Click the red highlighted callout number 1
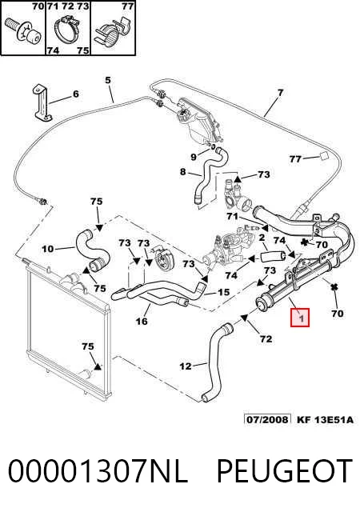coord(300,317)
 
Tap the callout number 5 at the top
coord(108,80)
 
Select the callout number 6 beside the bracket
coord(76,94)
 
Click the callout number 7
coord(280,93)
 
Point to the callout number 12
coord(186,366)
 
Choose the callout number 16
coord(142,322)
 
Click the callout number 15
coord(223,291)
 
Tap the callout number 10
coord(48,249)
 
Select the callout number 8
coord(182,171)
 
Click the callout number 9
coord(194,157)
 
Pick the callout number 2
coord(262,238)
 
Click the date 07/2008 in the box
coord(268,419)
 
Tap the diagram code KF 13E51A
coord(325,419)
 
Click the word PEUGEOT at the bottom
coord(283,471)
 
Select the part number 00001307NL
coord(98,471)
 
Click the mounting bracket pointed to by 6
coord(42,102)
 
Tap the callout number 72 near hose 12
coord(266,338)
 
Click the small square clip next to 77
coord(323,156)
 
